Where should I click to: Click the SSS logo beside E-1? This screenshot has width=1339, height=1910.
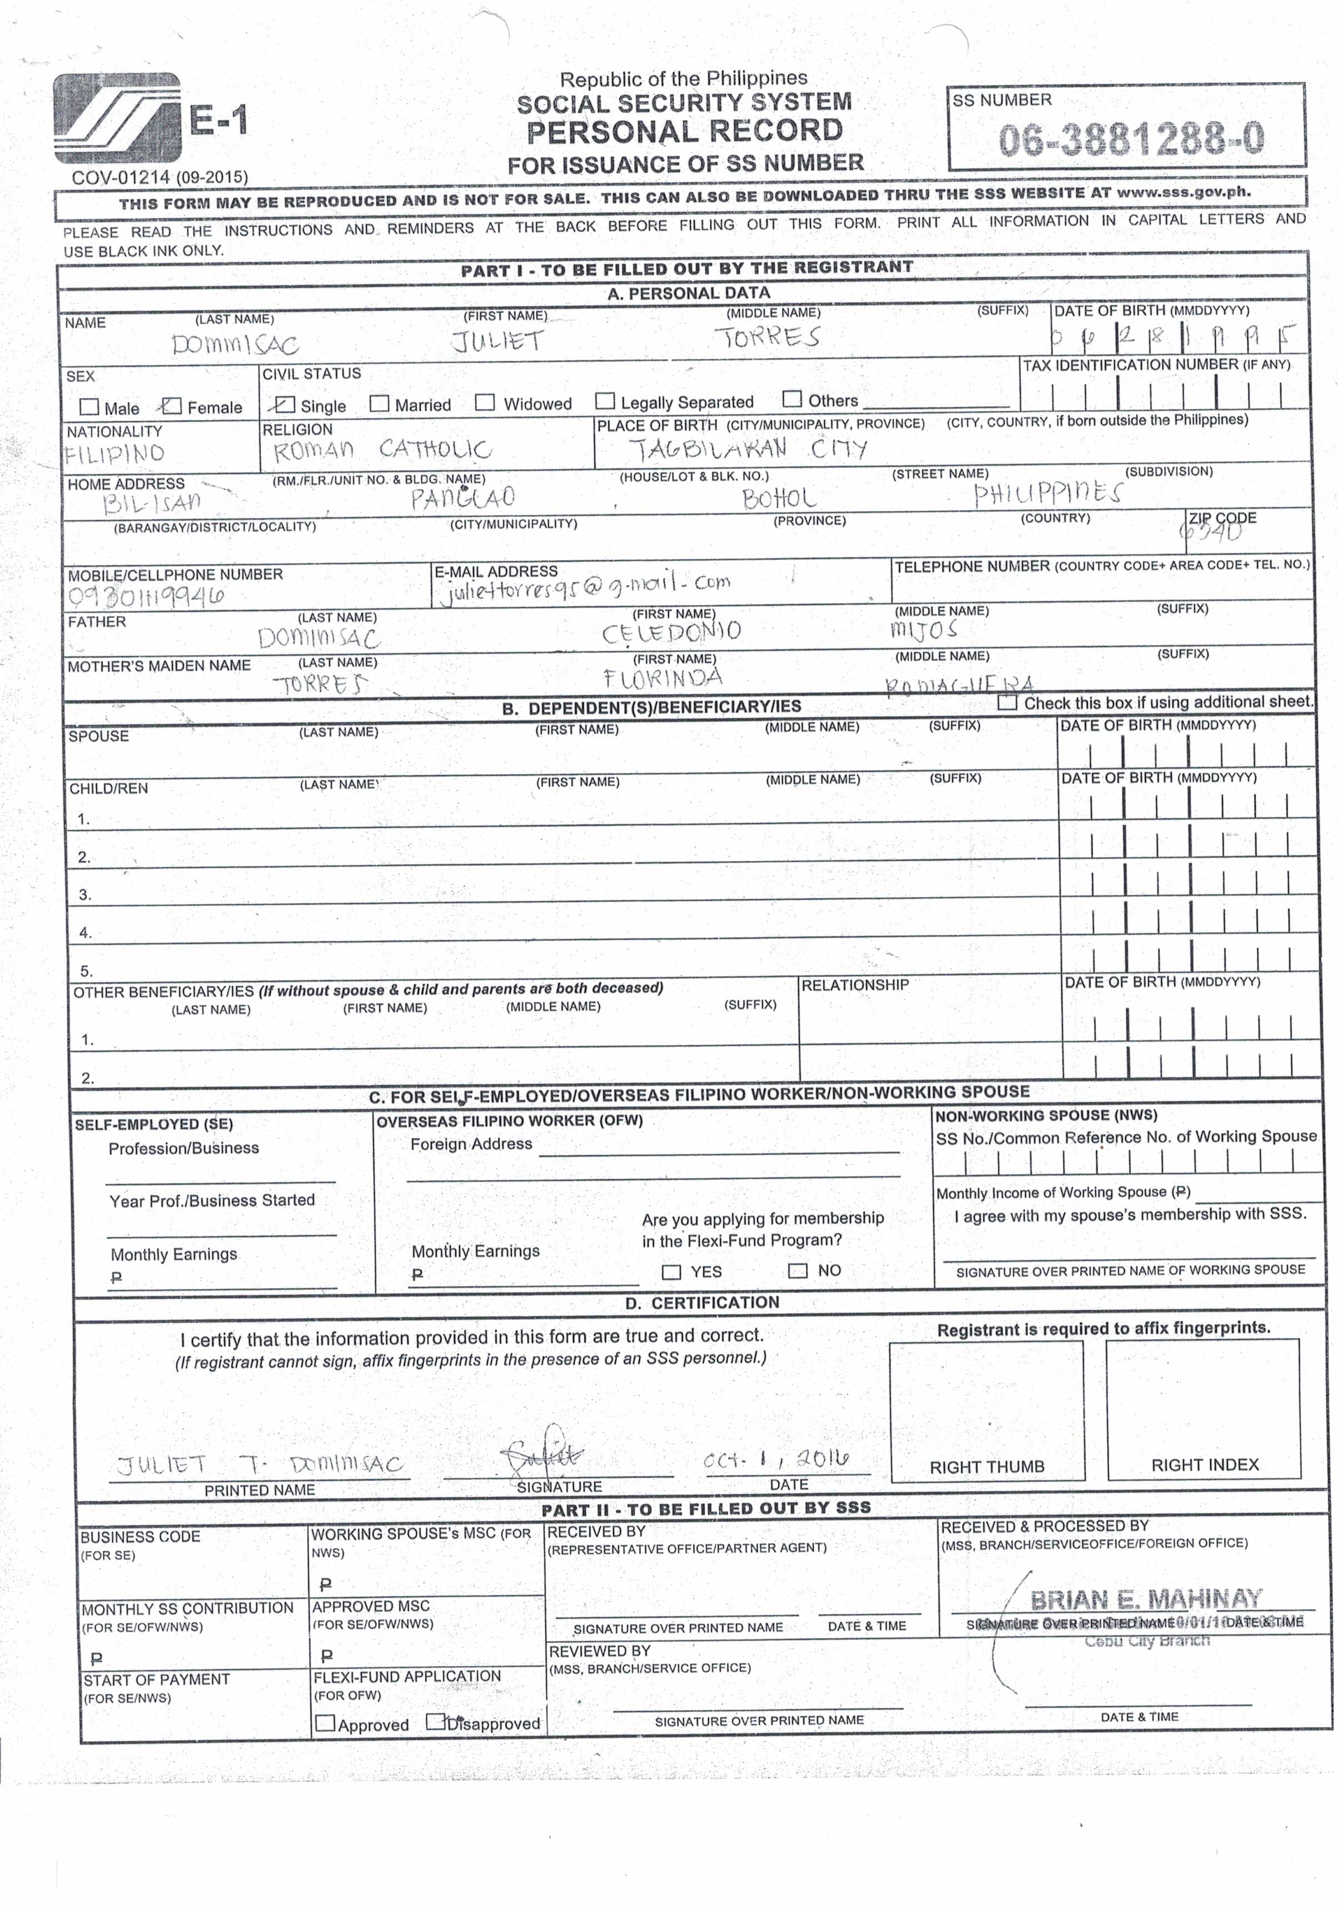click(117, 118)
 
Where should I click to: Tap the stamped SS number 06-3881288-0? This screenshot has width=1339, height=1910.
click(1131, 139)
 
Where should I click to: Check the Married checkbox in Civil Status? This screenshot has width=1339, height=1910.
click(380, 403)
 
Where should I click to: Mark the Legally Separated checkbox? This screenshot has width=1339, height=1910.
click(605, 402)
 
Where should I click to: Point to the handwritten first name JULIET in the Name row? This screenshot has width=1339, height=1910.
click(497, 340)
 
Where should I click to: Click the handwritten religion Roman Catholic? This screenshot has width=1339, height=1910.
click(382, 450)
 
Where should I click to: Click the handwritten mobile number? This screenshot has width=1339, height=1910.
click(147, 596)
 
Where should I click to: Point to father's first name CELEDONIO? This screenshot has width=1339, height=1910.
click(671, 632)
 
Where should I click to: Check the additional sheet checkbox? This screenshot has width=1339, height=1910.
click(1008, 702)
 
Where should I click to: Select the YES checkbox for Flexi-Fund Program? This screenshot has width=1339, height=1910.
click(671, 1272)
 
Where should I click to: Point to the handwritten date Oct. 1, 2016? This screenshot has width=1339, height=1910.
click(775, 1459)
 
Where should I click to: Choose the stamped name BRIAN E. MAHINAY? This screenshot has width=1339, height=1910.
click(1146, 1599)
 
